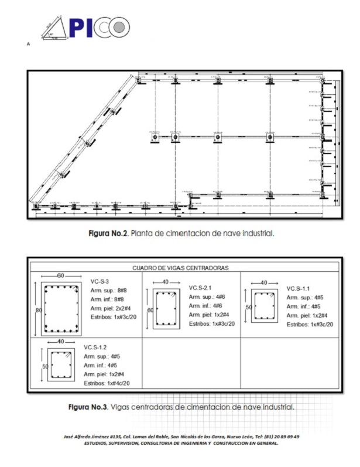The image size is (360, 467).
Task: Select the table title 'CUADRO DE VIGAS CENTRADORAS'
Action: click(x=181, y=268)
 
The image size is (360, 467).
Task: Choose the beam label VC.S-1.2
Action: click(x=96, y=347)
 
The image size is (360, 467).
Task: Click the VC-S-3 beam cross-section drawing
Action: click(x=61, y=309)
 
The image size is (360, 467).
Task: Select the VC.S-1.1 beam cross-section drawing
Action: click(x=265, y=305)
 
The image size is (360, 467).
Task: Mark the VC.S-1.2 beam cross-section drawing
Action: click(x=61, y=364)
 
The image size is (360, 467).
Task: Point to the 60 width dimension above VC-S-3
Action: click(x=61, y=275)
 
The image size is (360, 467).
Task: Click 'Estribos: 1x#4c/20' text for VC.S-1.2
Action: click(x=107, y=383)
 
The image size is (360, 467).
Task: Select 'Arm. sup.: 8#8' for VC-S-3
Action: click(x=109, y=290)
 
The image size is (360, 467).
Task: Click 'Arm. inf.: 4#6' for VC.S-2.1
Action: click(x=205, y=306)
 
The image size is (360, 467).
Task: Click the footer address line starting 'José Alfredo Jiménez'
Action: click(x=181, y=437)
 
